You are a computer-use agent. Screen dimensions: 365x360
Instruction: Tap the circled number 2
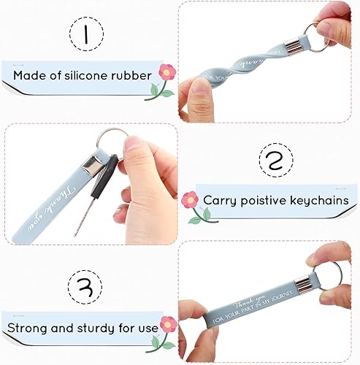tap(275, 160)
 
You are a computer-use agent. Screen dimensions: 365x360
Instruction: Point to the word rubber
tap(133, 75)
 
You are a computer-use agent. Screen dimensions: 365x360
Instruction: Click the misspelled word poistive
tap(267, 199)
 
